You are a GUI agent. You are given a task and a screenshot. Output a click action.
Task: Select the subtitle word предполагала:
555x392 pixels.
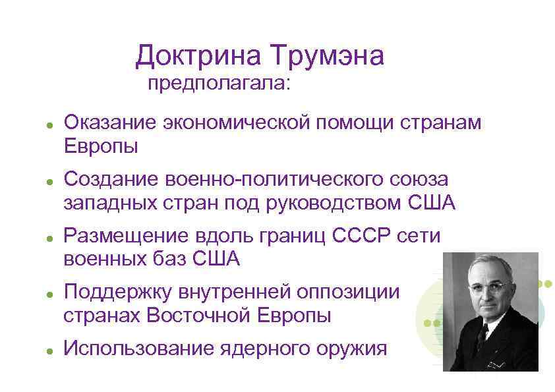point(218,84)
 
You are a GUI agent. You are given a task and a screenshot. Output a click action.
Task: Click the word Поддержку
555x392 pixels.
point(120,292)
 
